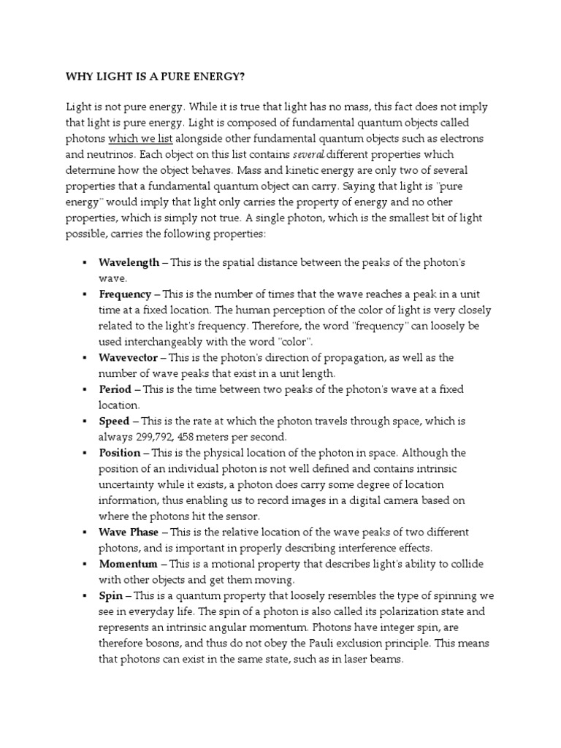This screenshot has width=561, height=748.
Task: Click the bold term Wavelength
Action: coord(129,262)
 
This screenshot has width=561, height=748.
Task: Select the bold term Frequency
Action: coord(125,294)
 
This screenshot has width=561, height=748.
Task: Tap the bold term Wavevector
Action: coord(128,357)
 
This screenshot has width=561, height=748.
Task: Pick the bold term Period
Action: coord(115,389)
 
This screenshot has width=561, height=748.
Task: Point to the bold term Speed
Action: coord(114,421)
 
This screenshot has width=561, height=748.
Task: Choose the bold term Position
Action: coord(119,453)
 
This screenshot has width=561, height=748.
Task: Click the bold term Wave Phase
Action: coord(128,532)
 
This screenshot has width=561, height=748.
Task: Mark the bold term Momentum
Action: coord(128,564)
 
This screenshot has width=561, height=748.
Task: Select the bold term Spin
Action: coord(111,596)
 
